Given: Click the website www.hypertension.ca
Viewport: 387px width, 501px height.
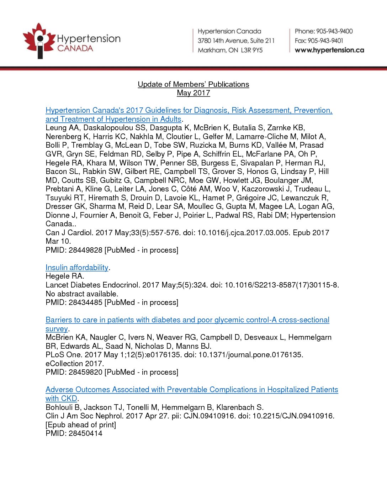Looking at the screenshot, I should (329, 50).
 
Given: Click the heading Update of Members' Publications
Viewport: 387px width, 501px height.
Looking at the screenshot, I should (193, 84).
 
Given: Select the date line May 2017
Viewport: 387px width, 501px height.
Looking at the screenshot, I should (193, 93).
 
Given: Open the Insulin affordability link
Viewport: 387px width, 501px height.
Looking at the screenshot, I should (77, 268).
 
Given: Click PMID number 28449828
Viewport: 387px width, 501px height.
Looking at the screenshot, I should (85, 250).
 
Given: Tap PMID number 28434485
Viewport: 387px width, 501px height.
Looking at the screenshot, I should (85, 302).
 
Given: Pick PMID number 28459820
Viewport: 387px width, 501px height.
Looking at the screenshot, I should (85, 372).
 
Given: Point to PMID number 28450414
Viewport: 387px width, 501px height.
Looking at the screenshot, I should (85, 433).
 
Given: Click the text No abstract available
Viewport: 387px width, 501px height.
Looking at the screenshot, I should (82, 294).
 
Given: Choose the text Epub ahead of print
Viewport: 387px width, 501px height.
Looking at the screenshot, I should (81, 425).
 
